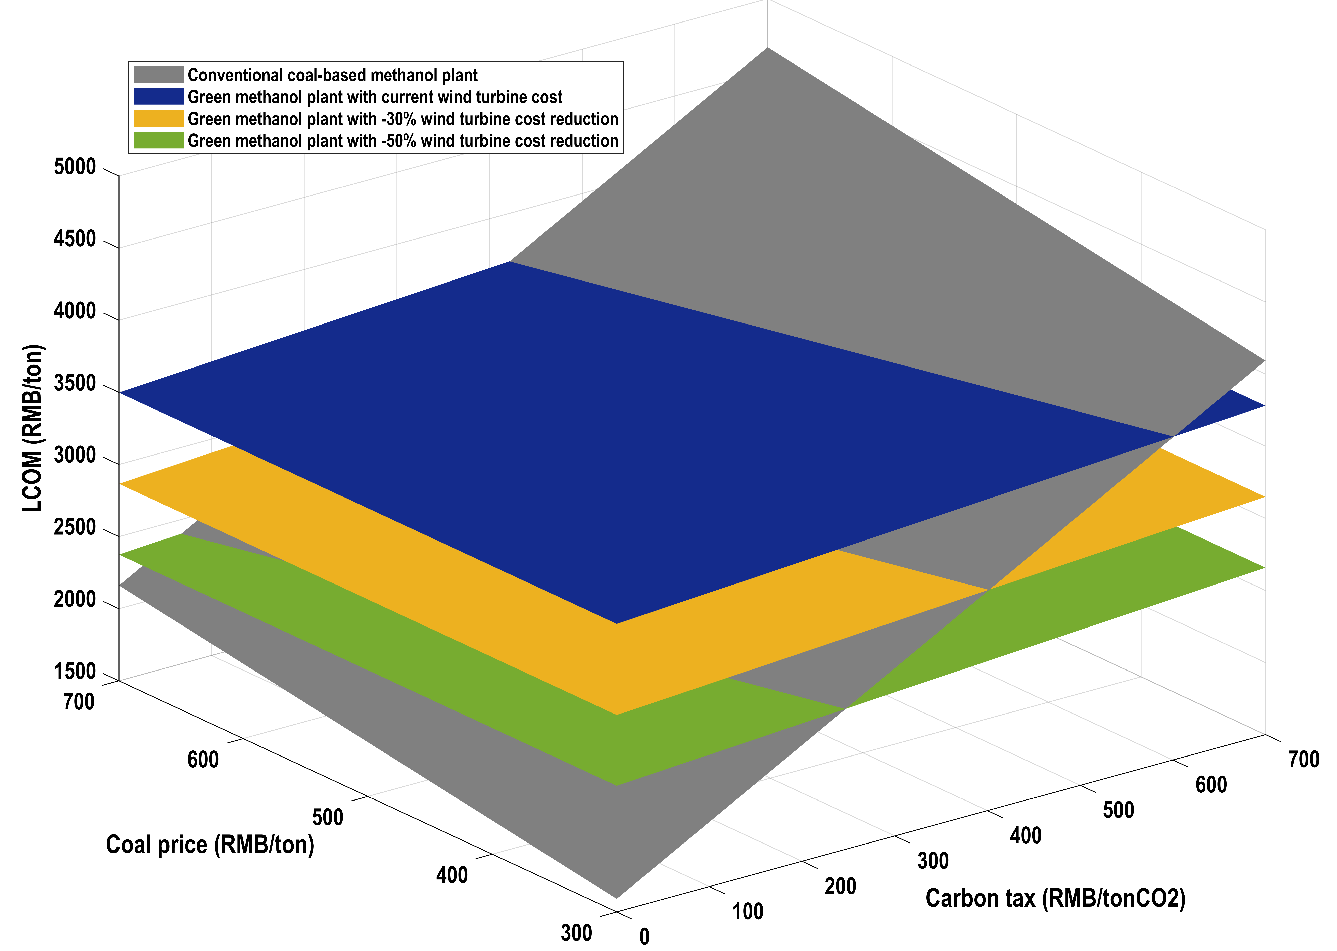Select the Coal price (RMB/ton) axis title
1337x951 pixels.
click(x=209, y=845)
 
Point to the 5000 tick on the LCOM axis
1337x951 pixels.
click(x=74, y=168)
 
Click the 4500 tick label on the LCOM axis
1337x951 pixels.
click(x=74, y=240)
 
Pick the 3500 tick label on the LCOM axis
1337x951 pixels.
click(x=74, y=384)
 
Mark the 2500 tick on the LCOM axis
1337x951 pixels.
click(x=74, y=528)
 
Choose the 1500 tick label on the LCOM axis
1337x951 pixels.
click(x=74, y=672)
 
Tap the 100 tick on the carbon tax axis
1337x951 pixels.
click(x=748, y=911)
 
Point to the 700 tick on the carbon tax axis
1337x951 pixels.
click(x=1304, y=760)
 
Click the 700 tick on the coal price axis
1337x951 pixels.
click(x=79, y=701)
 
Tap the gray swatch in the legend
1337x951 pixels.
click(x=158, y=75)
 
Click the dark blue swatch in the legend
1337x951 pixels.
click(x=158, y=97)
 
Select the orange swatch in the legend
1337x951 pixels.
click(x=158, y=119)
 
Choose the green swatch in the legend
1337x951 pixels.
click(x=158, y=140)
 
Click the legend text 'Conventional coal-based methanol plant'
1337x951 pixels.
click(x=333, y=75)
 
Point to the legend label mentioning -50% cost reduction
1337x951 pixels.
click(x=403, y=140)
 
